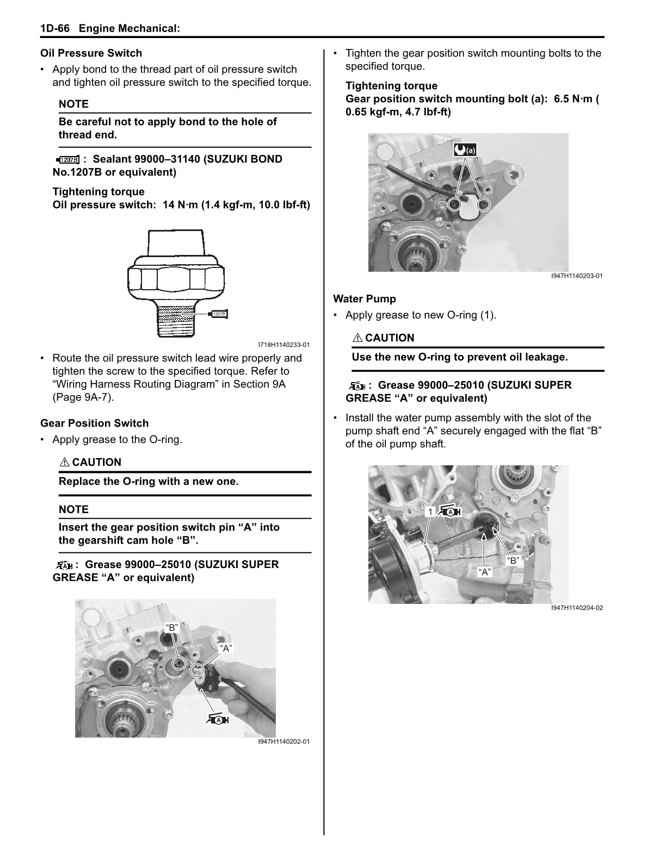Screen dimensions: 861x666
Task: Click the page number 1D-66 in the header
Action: (x=55, y=29)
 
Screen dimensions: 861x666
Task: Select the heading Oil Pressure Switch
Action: (x=91, y=53)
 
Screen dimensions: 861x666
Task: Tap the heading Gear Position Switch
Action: (x=94, y=423)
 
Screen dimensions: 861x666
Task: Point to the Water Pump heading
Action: (x=364, y=299)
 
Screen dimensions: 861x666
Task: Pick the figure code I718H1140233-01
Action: (x=283, y=345)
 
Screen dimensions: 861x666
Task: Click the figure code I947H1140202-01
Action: (x=283, y=741)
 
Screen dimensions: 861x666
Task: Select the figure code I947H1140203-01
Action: (x=577, y=276)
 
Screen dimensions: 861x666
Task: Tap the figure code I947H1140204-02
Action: (x=577, y=608)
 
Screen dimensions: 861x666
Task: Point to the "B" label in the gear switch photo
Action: (x=171, y=628)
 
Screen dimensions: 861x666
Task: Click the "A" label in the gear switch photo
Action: (x=226, y=648)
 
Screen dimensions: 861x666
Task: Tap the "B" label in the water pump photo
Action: (x=513, y=560)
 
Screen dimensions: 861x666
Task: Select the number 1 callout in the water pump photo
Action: (x=430, y=512)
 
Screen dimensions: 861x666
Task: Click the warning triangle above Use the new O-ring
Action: (x=357, y=338)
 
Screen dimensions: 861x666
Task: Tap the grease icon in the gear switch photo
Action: (x=218, y=720)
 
